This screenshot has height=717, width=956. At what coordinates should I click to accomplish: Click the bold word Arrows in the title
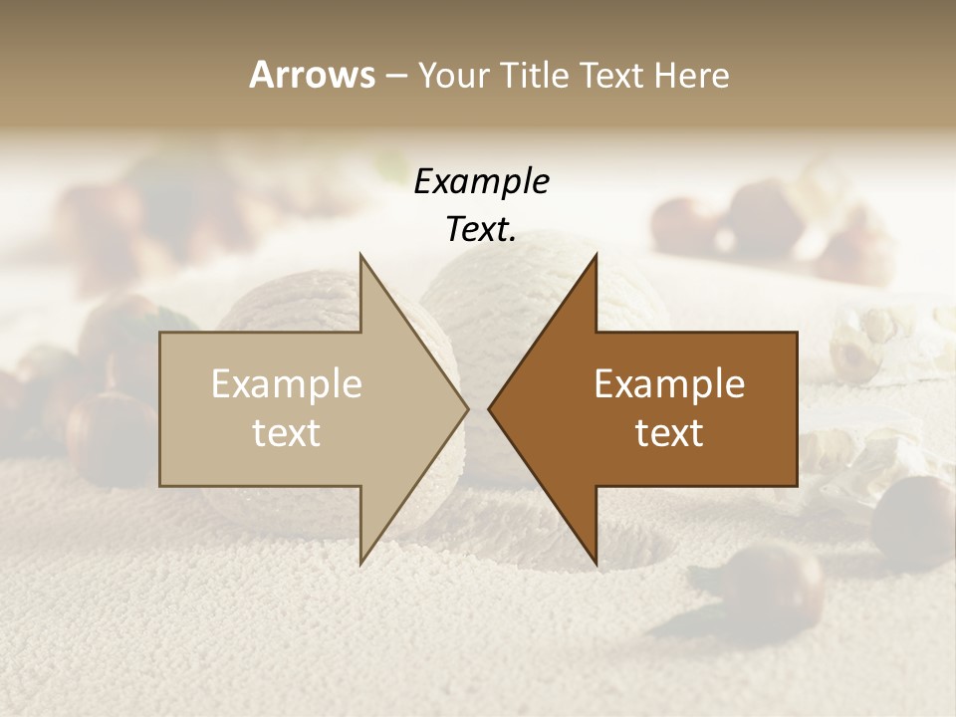tap(312, 75)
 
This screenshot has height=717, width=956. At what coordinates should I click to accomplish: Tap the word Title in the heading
tap(534, 75)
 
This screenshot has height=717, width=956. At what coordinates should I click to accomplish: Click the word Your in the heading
tap(454, 75)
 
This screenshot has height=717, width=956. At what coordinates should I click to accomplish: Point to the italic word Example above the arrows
tap(481, 181)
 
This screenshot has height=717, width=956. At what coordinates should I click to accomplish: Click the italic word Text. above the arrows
tap(481, 229)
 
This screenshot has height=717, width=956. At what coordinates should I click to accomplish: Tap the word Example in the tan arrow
tap(287, 384)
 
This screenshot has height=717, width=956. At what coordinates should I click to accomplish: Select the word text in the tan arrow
tap(287, 433)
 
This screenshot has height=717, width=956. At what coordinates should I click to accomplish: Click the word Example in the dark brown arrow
tap(669, 384)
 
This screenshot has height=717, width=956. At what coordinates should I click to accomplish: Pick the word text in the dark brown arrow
tap(669, 433)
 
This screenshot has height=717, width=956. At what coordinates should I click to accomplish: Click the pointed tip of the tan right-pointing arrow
tap(467, 408)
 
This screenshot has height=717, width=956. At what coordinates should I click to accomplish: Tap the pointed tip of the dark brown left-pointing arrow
tap(490, 408)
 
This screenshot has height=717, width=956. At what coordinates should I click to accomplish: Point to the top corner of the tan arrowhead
tap(361, 256)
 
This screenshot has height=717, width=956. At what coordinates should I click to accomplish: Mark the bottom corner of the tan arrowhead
tap(361, 562)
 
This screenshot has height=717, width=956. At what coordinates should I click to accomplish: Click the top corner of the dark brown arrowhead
tap(596, 256)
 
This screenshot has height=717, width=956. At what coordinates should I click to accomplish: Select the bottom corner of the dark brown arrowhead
tap(596, 562)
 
